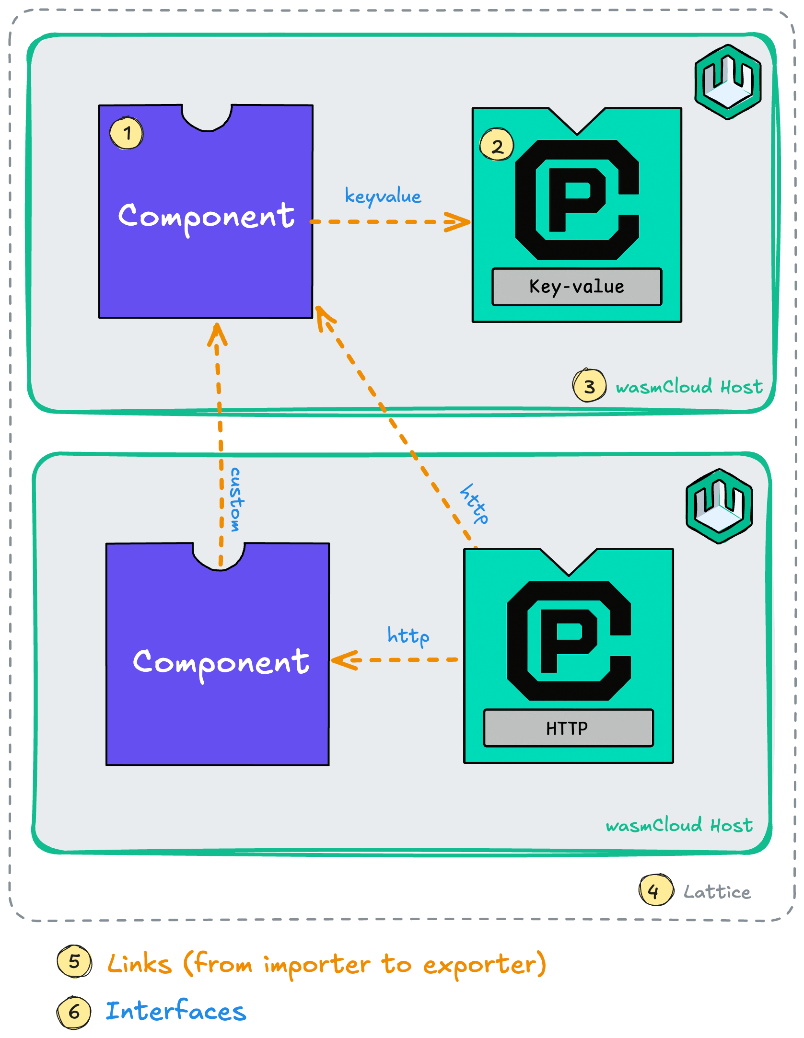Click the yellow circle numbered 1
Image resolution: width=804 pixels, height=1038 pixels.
[x=127, y=133]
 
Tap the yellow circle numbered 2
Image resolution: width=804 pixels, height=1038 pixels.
[x=497, y=145]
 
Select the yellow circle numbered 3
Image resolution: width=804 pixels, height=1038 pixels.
[x=589, y=385]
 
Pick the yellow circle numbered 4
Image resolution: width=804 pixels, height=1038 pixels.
[x=655, y=890]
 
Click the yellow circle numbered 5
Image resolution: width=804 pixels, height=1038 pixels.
[x=74, y=961]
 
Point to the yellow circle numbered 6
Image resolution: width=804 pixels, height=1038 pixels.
[x=74, y=1012]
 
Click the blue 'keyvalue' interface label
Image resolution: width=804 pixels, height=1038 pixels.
[x=383, y=196]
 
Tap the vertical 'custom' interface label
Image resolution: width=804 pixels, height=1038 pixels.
[x=235, y=500]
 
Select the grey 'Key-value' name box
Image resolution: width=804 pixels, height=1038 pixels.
[x=577, y=287]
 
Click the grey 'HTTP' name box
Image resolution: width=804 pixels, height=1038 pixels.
[x=568, y=728]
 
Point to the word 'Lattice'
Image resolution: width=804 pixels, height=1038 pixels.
[x=717, y=892]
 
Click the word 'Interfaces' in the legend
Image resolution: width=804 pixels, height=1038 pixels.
[x=175, y=1011]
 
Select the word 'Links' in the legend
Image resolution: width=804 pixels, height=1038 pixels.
[x=139, y=964]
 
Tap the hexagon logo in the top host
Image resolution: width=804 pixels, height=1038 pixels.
[x=728, y=81]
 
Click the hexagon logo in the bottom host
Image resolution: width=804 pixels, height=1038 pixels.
[x=719, y=506]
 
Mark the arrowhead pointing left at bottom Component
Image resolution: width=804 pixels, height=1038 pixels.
[x=343, y=660]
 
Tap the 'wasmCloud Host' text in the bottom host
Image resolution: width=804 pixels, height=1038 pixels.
[x=679, y=825]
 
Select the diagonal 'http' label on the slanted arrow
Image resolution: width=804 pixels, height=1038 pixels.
[x=474, y=503]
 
